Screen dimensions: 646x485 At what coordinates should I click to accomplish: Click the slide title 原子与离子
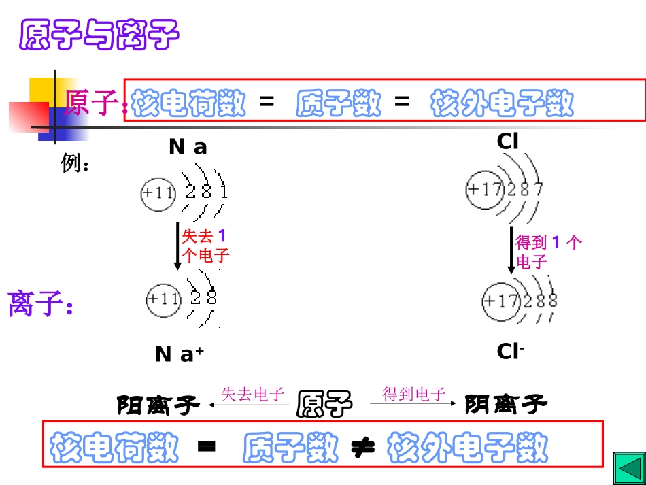99,35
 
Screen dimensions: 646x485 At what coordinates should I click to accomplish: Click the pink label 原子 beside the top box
92,103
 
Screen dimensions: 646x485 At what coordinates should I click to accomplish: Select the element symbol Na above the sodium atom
188,147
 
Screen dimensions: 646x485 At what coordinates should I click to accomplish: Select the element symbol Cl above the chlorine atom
508,141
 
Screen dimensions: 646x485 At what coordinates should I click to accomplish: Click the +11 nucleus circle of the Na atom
158,193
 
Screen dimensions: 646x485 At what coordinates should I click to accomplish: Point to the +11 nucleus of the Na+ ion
164,299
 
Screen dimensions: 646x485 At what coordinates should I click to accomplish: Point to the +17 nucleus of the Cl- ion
501,300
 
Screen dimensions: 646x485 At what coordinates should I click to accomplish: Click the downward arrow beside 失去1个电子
177,246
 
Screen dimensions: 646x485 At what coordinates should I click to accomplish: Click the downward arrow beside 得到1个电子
511,250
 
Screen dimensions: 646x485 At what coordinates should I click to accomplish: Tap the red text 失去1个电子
205,246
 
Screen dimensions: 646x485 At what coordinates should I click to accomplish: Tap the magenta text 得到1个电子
548,251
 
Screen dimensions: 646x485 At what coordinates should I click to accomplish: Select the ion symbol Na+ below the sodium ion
180,354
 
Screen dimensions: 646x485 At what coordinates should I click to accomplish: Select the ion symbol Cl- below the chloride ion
510,351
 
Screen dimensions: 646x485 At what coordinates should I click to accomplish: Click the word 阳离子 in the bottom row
158,405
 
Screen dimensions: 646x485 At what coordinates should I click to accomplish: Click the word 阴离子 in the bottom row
505,405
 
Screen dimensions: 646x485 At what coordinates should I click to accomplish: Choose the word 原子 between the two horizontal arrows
326,403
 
